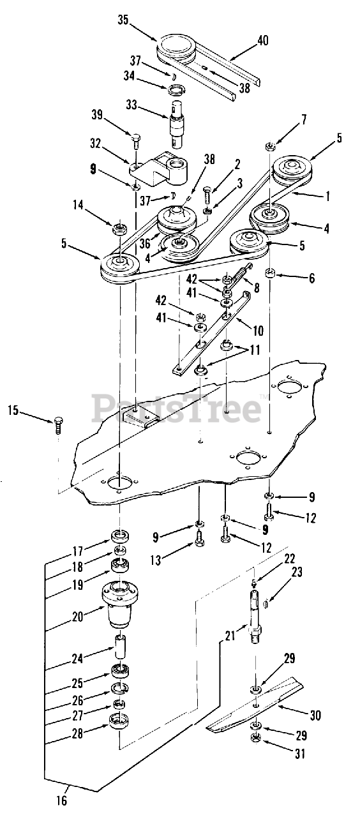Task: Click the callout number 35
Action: click(123, 20)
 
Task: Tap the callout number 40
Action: click(262, 40)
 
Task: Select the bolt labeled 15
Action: click(58, 425)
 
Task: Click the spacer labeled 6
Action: click(271, 273)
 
